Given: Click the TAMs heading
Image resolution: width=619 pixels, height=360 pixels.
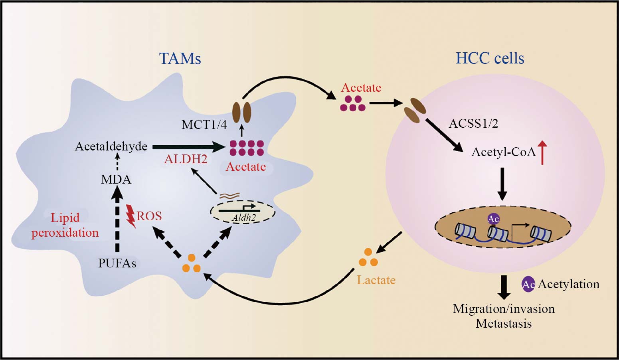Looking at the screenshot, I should point(180,59).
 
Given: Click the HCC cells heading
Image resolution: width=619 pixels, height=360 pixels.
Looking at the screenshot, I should point(490,58).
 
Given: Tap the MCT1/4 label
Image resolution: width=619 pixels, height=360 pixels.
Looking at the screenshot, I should point(204,125).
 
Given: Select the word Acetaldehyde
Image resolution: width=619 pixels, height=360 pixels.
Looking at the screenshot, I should point(111,146).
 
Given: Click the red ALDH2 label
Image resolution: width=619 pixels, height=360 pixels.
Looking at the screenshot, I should point(186,159).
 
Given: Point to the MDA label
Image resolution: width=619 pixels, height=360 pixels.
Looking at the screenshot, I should point(116,180).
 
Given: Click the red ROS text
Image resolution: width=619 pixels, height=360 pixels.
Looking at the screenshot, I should point(149,216).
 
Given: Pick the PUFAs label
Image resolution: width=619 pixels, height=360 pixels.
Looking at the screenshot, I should point(117,263).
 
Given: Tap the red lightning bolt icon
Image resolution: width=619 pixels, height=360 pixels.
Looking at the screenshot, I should point(131,216).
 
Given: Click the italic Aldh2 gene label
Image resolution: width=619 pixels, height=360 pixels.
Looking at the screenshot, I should point(243,218).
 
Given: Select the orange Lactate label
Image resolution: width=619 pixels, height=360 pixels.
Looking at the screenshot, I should point(376,280).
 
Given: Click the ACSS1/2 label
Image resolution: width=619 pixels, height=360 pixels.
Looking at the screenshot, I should point(473,124).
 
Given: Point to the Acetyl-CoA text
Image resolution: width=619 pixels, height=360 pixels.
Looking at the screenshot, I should point(503,152).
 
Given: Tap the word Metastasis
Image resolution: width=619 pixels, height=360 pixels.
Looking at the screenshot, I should point(504,324).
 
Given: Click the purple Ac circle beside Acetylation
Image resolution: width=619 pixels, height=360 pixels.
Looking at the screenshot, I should point(528,284).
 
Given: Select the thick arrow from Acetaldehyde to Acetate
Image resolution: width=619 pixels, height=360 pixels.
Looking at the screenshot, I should point(188,147).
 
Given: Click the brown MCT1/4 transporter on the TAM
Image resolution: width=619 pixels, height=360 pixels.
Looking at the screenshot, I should point(241,112).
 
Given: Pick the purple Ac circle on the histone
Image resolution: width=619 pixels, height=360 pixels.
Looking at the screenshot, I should point(493,219).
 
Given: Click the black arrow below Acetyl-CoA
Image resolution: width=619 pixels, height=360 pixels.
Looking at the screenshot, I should point(502,184).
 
